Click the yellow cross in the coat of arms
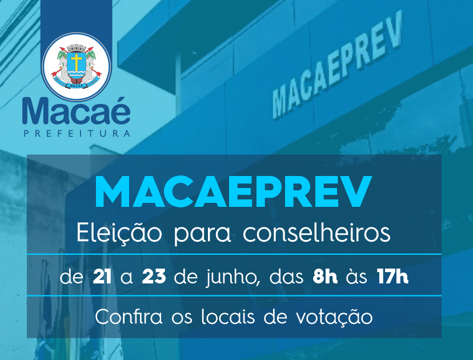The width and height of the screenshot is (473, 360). tap(77, 62)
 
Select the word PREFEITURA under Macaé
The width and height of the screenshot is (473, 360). tap(77, 133)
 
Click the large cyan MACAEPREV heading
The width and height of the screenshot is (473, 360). tap(233, 192)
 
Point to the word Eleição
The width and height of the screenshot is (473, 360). tap(119, 233)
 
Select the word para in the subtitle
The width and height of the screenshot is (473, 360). tap(202, 235)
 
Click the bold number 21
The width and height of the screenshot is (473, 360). tap(102, 277)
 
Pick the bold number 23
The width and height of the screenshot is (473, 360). tap(154, 277)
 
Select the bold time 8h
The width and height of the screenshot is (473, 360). tap(325, 277)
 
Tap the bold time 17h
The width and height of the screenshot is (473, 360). tap(392, 277)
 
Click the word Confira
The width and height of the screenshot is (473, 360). tap(129, 317)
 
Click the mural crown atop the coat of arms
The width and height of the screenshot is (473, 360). tap(77, 48)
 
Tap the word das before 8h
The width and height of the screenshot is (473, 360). tap(286, 277)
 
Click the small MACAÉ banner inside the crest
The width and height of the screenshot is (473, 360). tap(76, 86)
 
